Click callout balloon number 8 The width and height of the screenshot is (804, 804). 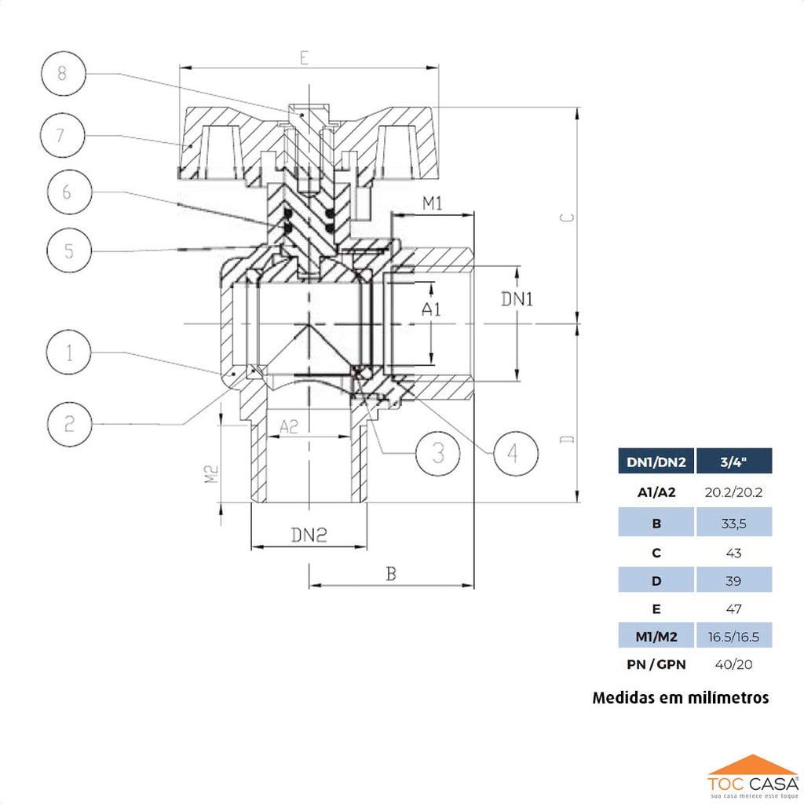point(64,75)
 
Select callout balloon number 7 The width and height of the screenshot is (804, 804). point(63,135)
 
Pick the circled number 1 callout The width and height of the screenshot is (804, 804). point(69,354)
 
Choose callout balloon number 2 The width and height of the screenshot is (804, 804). point(69,424)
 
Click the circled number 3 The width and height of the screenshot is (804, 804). point(437,451)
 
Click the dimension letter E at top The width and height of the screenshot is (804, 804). point(305,57)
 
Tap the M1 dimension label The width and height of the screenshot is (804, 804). point(433,203)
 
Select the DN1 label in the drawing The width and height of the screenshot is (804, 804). point(517,299)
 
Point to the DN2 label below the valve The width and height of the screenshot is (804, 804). point(308,535)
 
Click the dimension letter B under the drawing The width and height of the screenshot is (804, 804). point(390,574)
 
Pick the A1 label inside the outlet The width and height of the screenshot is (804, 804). point(431,309)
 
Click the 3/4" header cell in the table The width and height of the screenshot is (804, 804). point(733,462)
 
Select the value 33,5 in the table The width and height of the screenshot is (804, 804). point(733,523)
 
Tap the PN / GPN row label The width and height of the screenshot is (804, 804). point(656,664)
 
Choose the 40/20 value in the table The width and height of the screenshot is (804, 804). point(733,664)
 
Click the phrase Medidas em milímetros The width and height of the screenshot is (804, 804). point(681,697)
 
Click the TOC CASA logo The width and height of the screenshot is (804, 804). point(752,777)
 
